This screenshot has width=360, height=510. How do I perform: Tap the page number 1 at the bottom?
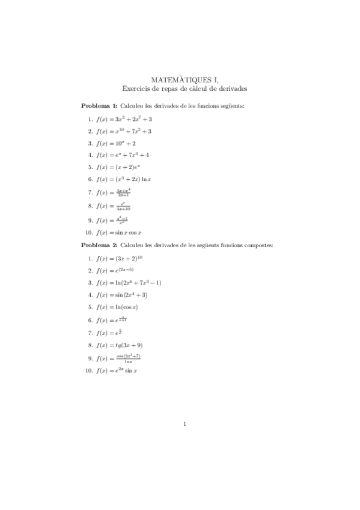(185, 425)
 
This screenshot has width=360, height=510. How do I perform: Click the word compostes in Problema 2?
(257, 245)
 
